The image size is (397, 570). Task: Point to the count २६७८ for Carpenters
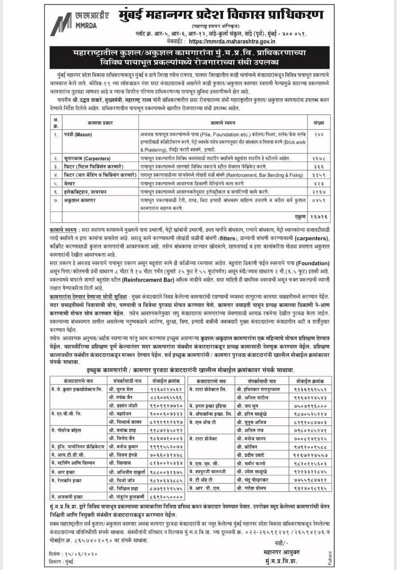tap(319, 159)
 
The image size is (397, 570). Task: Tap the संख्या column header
tap(319, 122)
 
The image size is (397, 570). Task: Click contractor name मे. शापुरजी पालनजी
tap(211, 471)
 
